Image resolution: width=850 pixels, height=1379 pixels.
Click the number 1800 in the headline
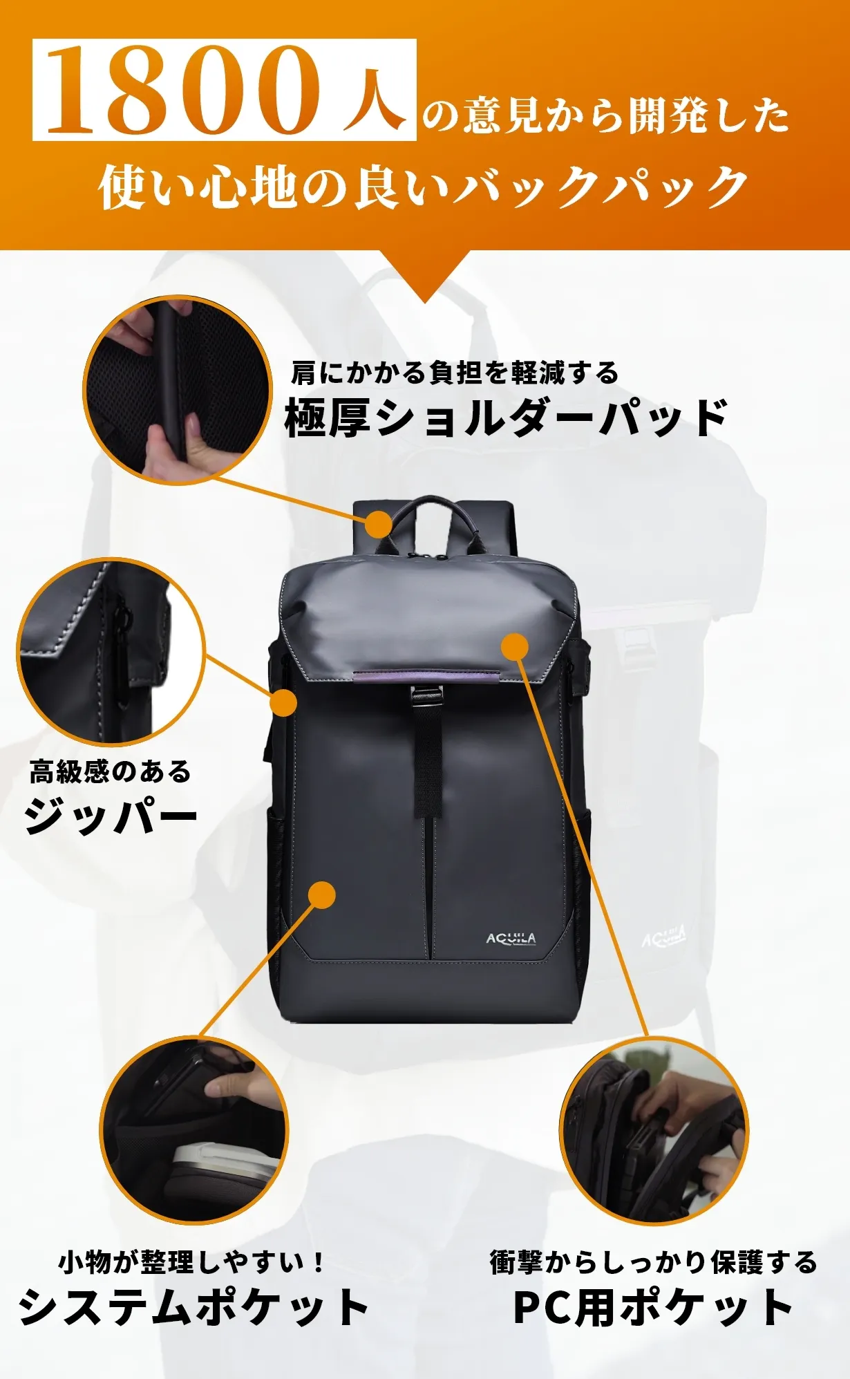click(183, 90)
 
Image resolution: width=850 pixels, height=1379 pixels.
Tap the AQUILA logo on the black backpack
click(511, 938)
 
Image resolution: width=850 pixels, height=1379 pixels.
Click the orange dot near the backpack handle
click(379, 524)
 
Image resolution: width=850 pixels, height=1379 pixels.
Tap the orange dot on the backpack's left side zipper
click(283, 702)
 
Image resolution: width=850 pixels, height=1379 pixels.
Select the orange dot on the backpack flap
click(514, 646)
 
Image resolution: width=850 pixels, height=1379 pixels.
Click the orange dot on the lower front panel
click(321, 895)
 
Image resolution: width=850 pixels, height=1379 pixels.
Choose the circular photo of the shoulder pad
click(178, 391)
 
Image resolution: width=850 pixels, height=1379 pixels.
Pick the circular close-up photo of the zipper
click(111, 652)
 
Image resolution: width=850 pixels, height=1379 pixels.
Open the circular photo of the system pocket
click(194, 1131)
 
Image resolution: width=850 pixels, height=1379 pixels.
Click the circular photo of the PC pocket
click(654, 1131)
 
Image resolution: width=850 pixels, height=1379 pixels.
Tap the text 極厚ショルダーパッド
click(506, 418)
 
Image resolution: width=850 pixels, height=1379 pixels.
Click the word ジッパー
click(111, 816)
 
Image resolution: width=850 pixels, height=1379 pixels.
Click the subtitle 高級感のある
click(110, 771)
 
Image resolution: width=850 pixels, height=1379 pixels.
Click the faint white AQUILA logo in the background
click(664, 937)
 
